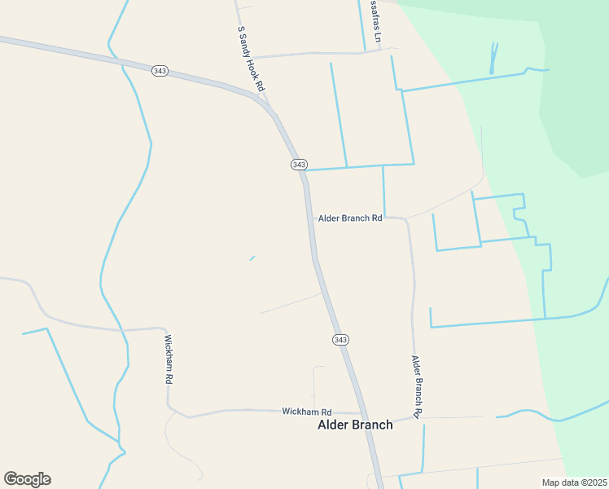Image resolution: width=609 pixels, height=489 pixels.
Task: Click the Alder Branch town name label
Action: click(x=355, y=425)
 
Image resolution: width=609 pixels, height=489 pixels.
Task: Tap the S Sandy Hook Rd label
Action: click(x=252, y=58)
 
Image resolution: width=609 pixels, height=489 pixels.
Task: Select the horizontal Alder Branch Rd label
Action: click(x=350, y=218)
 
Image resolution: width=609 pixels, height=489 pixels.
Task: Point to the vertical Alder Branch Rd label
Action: click(x=416, y=386)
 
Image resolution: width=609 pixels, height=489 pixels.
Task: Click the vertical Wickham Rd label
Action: click(x=169, y=359)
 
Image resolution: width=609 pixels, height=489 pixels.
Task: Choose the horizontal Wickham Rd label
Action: click(x=307, y=412)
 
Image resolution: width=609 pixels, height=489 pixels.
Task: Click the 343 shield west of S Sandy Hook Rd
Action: click(x=160, y=71)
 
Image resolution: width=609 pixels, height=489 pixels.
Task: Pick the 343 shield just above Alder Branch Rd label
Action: click(x=299, y=165)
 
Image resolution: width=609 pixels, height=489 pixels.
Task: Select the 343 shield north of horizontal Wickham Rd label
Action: click(x=340, y=339)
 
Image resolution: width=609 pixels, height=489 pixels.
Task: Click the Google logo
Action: click(x=27, y=479)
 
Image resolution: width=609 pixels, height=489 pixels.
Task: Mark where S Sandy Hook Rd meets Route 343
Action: click(x=266, y=104)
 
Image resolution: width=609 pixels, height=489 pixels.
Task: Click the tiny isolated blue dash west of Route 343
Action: click(x=252, y=258)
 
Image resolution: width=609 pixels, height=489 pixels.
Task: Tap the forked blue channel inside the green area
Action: click(x=493, y=59)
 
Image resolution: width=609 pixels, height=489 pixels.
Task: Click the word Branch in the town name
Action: click(x=372, y=425)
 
